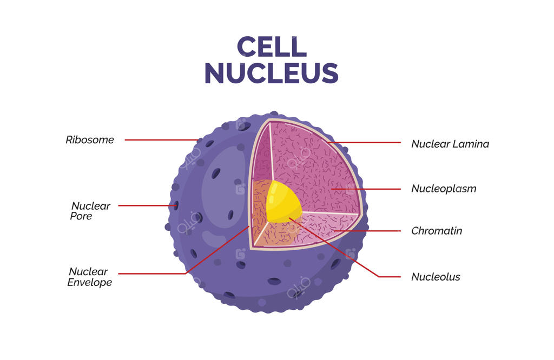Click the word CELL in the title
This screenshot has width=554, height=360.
[x=272, y=46]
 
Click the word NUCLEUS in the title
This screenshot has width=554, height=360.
[x=272, y=74]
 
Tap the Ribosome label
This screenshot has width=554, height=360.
[x=90, y=140]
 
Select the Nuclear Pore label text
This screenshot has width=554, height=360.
[x=90, y=211]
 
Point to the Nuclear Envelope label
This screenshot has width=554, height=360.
[x=89, y=277]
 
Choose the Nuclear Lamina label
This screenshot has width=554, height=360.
[x=450, y=144]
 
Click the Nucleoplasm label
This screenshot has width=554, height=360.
[x=444, y=189]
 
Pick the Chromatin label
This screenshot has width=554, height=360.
[x=437, y=231]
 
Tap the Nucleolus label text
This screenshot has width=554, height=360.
[x=436, y=277]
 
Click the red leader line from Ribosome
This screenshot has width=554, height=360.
[x=161, y=140]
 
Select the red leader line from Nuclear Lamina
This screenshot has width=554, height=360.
[x=364, y=143]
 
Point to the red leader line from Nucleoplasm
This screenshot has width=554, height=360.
[x=366, y=189]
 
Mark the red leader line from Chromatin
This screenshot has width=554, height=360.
[x=367, y=231]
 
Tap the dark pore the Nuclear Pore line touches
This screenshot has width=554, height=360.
[x=176, y=205]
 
